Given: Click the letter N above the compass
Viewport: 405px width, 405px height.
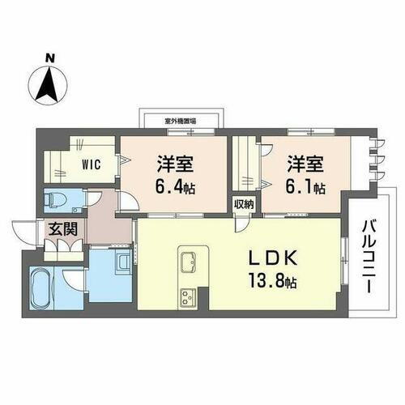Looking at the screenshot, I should [50, 58].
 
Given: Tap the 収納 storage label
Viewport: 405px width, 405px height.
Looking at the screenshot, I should [245, 204].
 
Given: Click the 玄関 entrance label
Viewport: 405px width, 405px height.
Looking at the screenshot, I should [62, 229].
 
